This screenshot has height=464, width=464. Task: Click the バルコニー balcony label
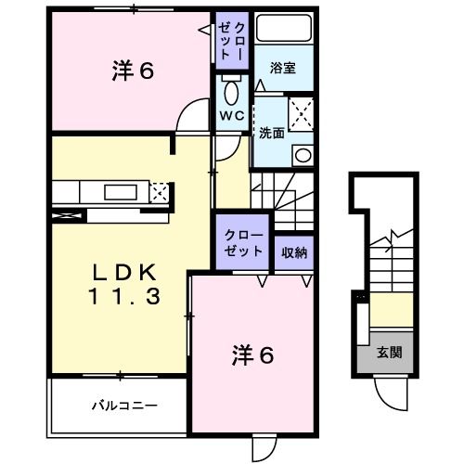pyautogui.click(x=123, y=405)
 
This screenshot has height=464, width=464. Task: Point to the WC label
pyautogui.click(x=231, y=116)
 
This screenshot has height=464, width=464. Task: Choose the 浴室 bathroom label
pyautogui.click(x=283, y=68)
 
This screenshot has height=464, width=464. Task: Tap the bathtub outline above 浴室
pyautogui.click(x=283, y=30)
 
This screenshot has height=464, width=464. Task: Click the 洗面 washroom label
pyautogui.click(x=272, y=131)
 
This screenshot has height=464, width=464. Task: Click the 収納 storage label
pyautogui.click(x=294, y=251)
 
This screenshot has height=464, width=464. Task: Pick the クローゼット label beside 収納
pyautogui.click(x=243, y=244)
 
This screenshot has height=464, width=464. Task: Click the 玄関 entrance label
pyautogui.click(x=389, y=353)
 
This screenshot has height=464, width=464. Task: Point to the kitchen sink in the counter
pyautogui.click(x=119, y=192)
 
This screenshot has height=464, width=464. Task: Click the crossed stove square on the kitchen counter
pyautogui.click(x=160, y=193)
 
